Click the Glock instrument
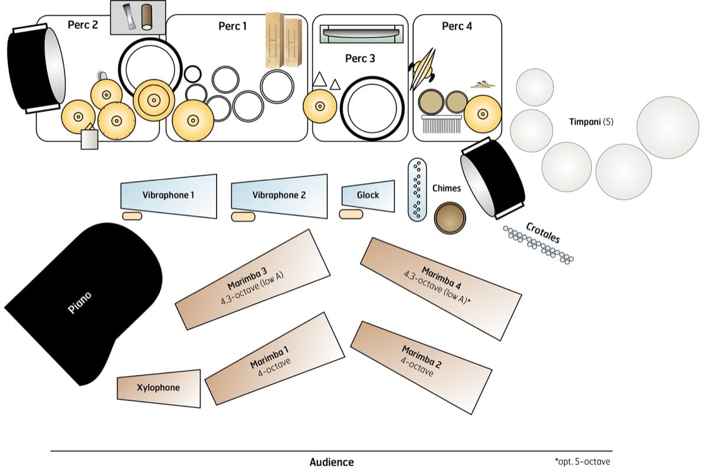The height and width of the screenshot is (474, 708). (x=368, y=195)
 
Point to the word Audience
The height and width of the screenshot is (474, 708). (x=332, y=462)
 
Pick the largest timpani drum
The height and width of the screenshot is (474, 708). (x=667, y=127)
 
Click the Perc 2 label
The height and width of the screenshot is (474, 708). (x=83, y=25)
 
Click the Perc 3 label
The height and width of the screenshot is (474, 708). (x=360, y=58)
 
